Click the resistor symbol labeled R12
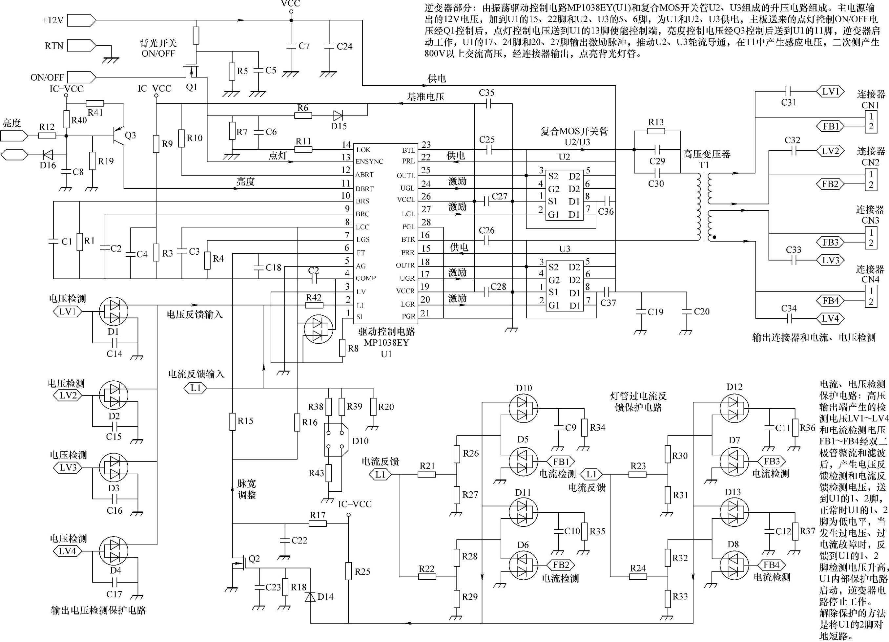pyautogui.click(x=47, y=136)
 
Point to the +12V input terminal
pyautogui.click(x=82, y=20)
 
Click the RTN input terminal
pyautogui.click(x=82, y=46)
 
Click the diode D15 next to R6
pyautogui.click(x=338, y=115)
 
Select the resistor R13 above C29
pyautogui.click(x=656, y=131)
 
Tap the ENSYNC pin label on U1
pyautogui.click(x=369, y=161)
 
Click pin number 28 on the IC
pyautogui.click(x=426, y=222)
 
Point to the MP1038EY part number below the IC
pyautogui.click(x=386, y=342)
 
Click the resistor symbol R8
pyautogui.click(x=342, y=348)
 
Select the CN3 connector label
pyautogui.click(x=870, y=221)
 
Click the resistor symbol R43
pyautogui.click(x=329, y=473)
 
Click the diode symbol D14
pyautogui.click(x=310, y=596)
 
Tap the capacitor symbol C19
pyautogui.click(x=641, y=311)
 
